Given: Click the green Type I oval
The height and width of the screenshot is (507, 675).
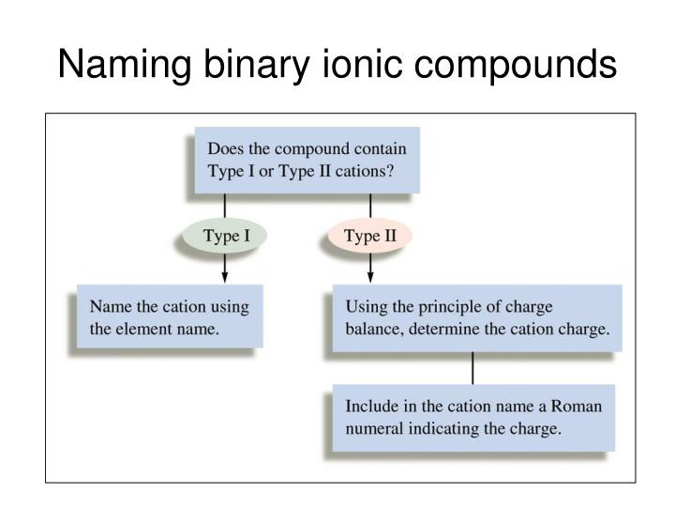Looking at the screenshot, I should coord(223,236).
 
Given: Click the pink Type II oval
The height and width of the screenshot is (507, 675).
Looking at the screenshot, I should coord(370,236).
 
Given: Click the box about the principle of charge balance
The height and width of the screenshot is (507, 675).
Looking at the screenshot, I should coord(476,318).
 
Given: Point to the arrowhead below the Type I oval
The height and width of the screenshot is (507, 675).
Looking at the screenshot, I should coord(224,277).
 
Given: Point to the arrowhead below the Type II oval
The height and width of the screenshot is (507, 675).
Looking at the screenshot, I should coord(370,277).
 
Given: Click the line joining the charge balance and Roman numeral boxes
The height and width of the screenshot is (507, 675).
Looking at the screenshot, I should coord(472,369).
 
